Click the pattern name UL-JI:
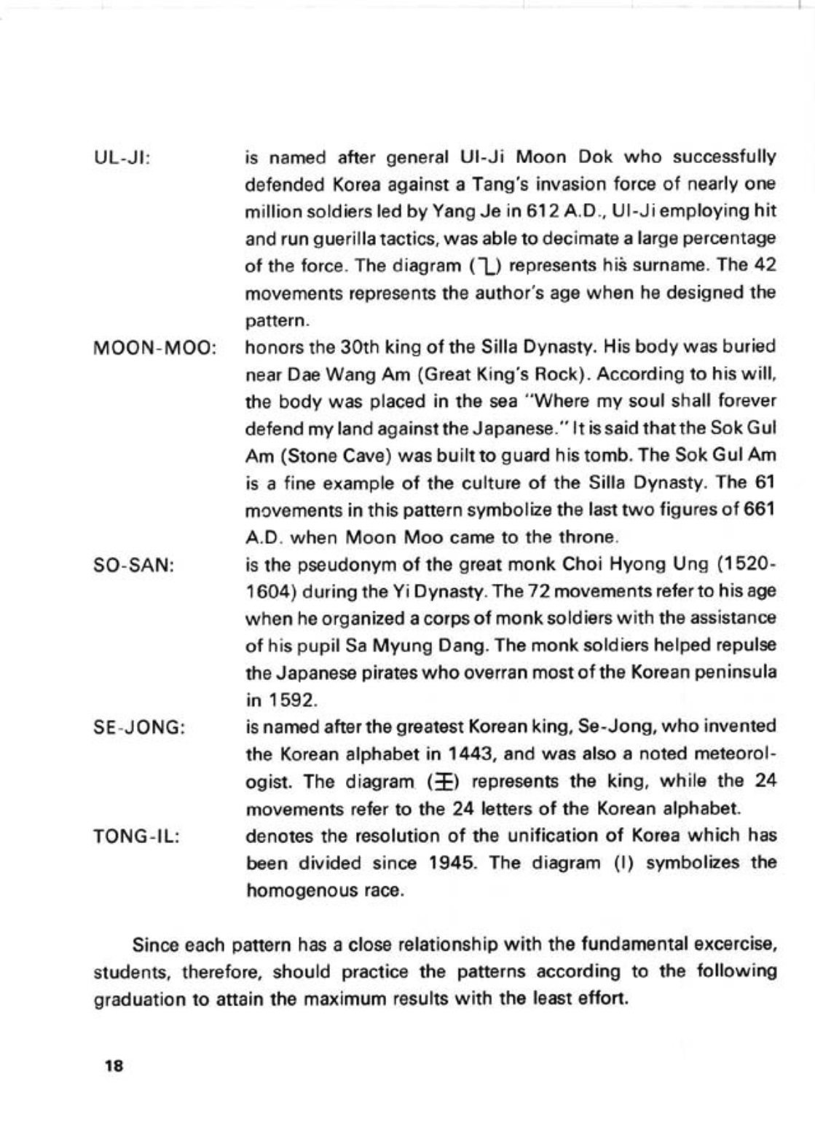(122, 157)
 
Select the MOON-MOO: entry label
(155, 347)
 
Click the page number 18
(114, 1067)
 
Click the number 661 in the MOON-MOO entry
(757, 510)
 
